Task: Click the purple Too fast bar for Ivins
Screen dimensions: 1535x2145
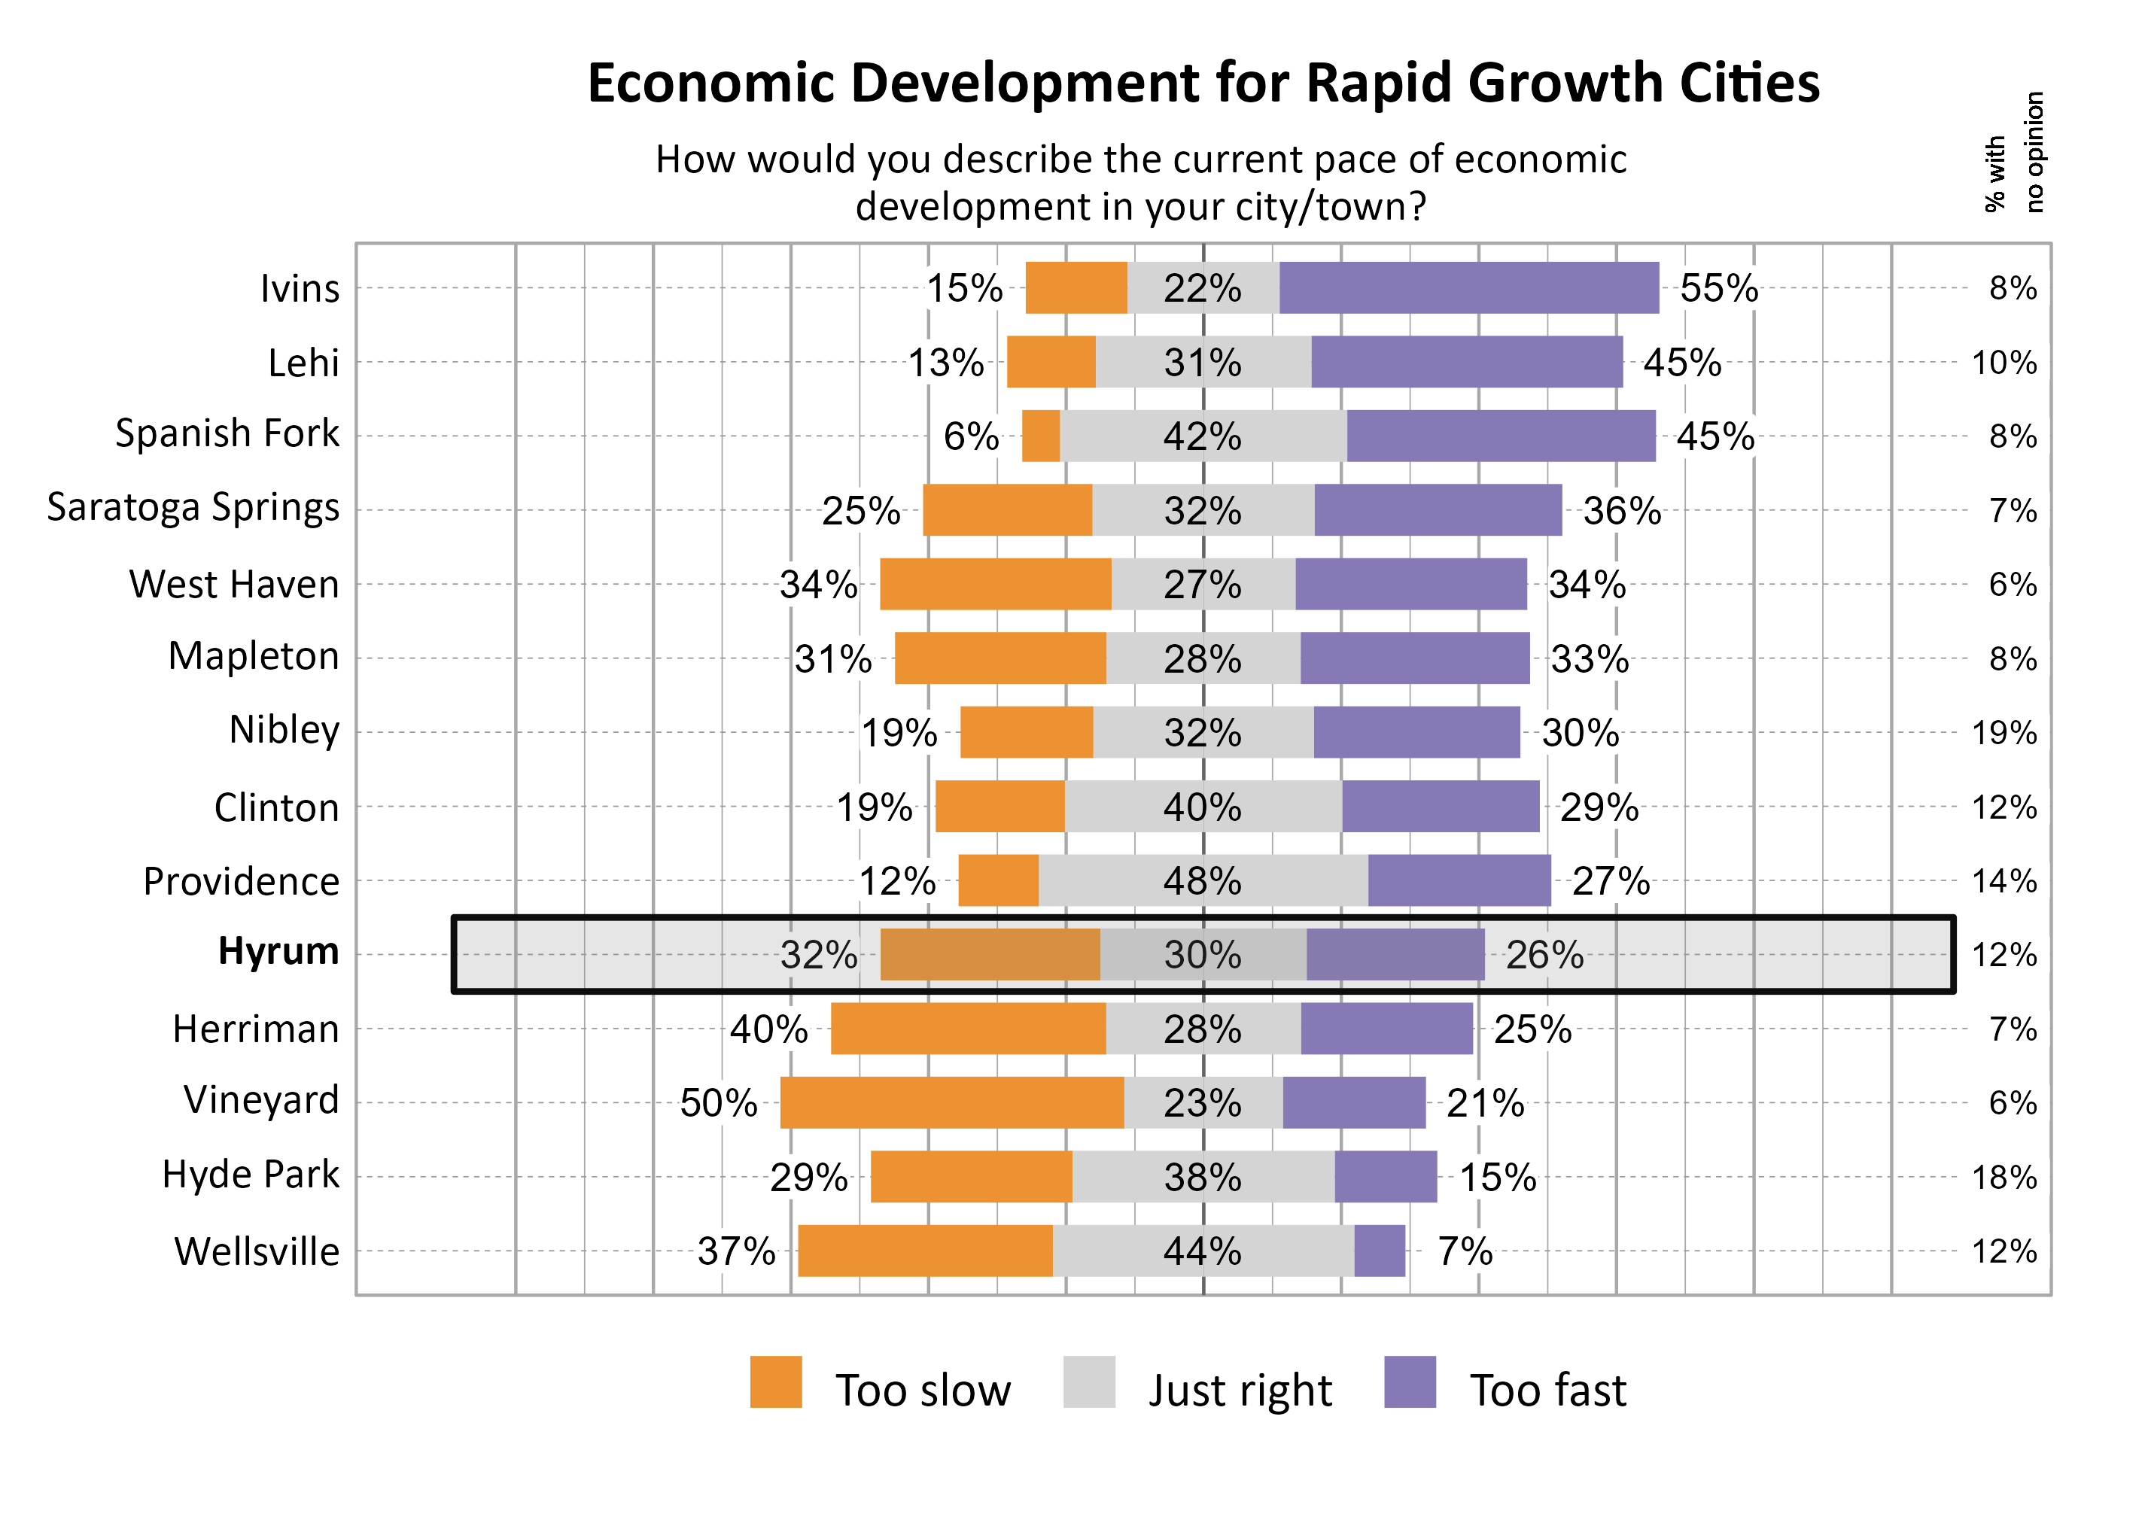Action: [x=1468, y=287]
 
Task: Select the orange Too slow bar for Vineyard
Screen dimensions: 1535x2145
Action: [x=951, y=1102]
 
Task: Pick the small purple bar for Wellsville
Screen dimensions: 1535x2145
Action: [x=1380, y=1251]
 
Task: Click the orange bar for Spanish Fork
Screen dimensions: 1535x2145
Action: [x=1041, y=436]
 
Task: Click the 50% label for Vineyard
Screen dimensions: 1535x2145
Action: [x=719, y=1103]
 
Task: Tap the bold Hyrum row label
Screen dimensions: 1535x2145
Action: [x=278, y=951]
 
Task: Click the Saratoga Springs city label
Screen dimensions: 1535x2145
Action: [x=193, y=508]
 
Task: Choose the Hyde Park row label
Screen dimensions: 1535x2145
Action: [x=250, y=1175]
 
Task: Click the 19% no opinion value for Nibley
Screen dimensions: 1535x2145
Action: [x=2004, y=733]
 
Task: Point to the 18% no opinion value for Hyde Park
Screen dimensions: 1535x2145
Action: [x=2004, y=1177]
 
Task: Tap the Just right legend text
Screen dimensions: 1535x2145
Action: [x=1240, y=1390]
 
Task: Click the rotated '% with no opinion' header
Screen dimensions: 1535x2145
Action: [x=2013, y=153]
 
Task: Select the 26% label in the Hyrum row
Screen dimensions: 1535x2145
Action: [x=1544, y=955]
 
